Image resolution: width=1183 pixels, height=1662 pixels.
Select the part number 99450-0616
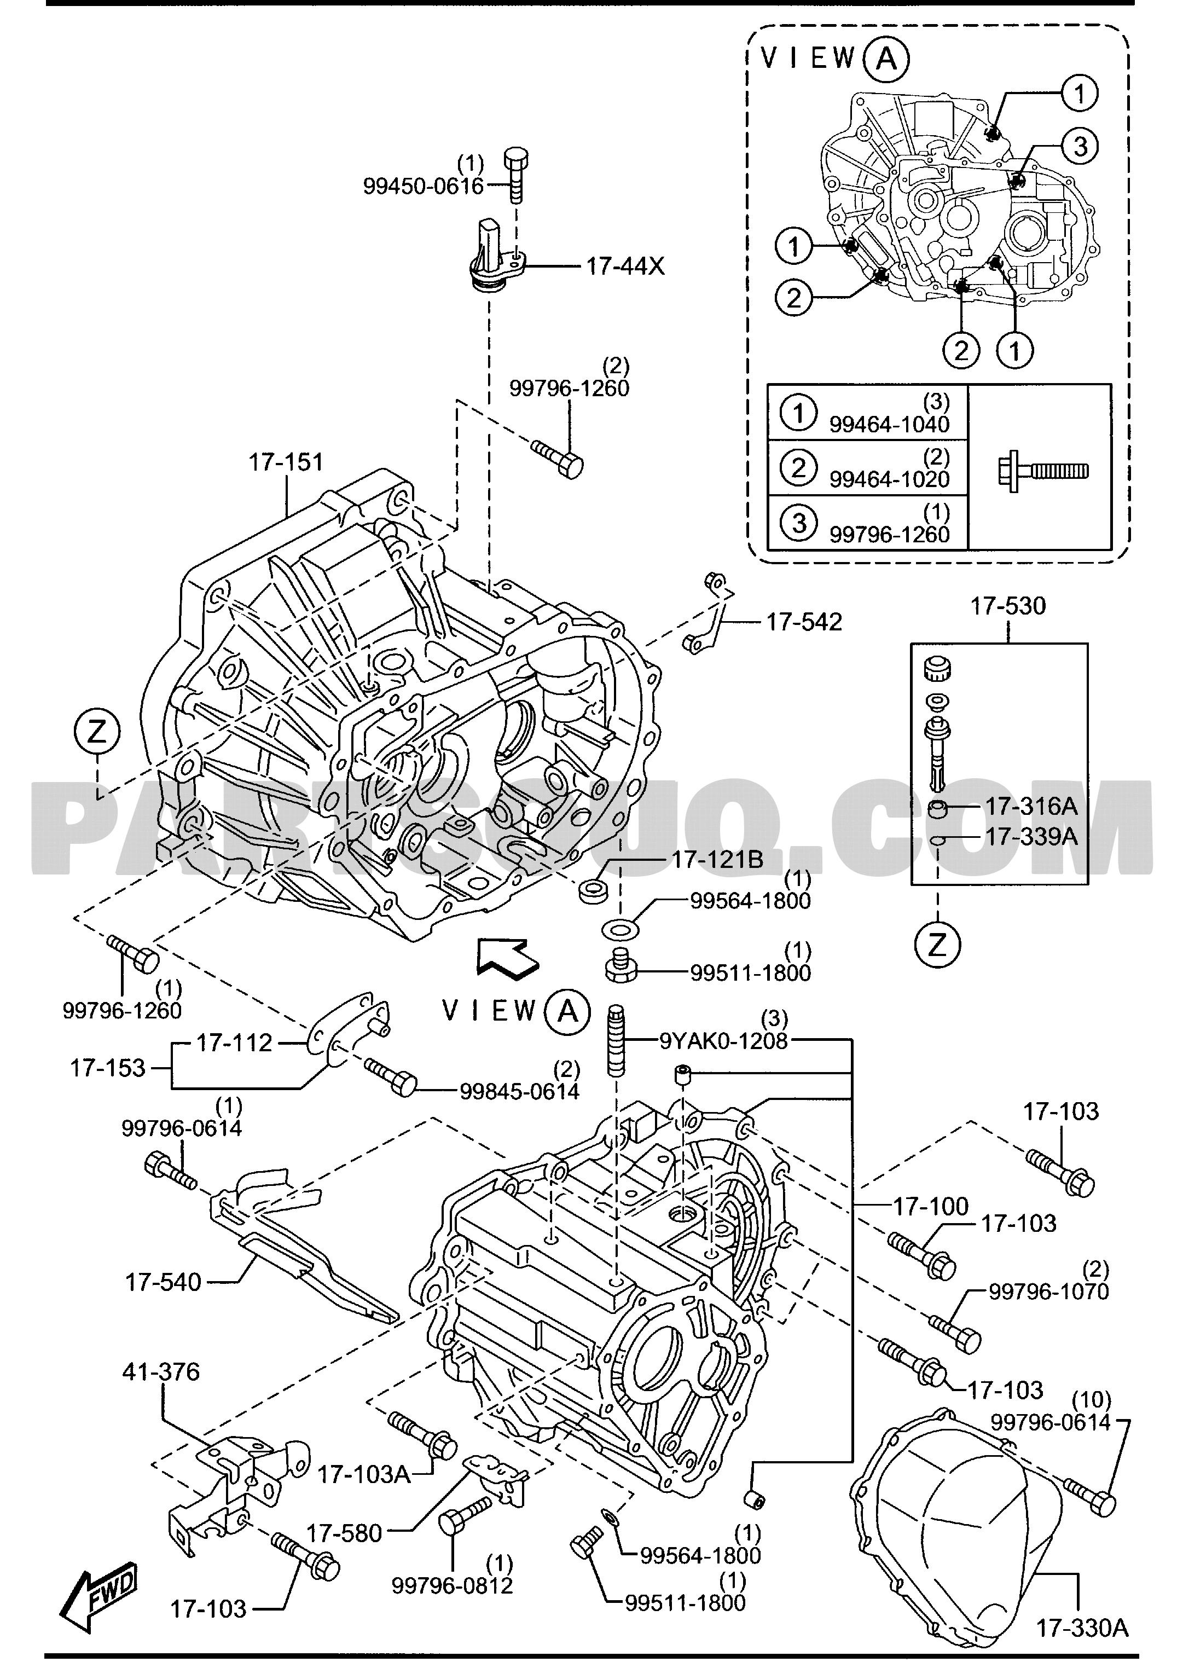(423, 187)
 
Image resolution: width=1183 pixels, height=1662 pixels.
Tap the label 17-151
(286, 462)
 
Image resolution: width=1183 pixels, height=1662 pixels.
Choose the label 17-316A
(1031, 807)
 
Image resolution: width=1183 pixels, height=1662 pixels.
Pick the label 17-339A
(1031, 836)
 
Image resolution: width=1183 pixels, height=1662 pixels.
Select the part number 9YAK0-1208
(723, 1041)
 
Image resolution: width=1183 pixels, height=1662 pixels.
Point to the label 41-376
(160, 1372)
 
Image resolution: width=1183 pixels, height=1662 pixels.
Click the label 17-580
(344, 1534)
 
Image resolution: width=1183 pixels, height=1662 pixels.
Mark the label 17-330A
(1082, 1627)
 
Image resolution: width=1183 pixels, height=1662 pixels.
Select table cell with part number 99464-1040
(867, 413)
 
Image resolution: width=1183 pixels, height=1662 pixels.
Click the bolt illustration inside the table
(1043, 471)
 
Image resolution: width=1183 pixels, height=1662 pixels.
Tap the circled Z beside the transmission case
(97, 732)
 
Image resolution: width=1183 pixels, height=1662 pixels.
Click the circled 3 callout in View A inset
(1079, 147)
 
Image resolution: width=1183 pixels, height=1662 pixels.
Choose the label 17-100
(930, 1207)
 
